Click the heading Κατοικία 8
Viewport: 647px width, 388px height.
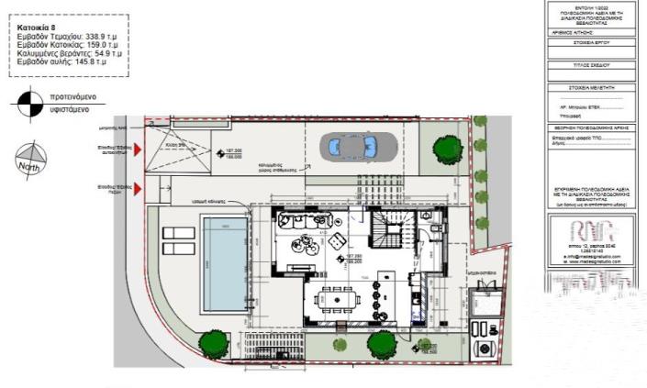coord(38,28)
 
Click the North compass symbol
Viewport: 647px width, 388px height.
coord(30,160)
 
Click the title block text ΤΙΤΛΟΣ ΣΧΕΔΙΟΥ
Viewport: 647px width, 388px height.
coord(591,66)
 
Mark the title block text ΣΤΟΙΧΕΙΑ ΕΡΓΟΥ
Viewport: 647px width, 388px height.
coord(591,42)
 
